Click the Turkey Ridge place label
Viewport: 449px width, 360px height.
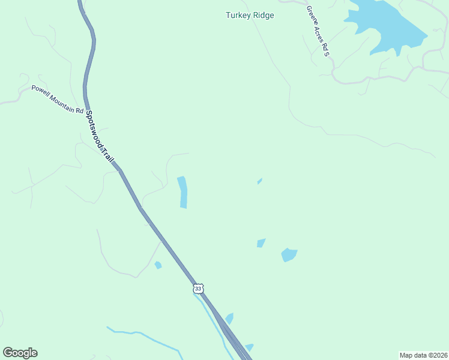pos(250,15)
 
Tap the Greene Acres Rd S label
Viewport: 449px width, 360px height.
pos(318,31)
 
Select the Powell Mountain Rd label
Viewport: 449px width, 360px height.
pos(58,100)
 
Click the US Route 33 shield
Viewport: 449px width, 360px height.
pos(199,289)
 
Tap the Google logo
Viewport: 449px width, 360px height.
pos(20,353)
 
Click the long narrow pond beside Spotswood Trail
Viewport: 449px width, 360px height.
pos(182,192)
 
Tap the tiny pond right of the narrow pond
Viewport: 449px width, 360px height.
pos(259,181)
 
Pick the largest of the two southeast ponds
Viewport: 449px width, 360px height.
pos(289,255)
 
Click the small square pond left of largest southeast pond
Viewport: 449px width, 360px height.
pos(261,243)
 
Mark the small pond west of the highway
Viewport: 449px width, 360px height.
pos(158,265)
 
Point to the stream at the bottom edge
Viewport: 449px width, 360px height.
pos(144,336)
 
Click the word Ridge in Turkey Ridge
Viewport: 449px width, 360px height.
pos(262,15)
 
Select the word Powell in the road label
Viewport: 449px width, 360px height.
pos(41,92)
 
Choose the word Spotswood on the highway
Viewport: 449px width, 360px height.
pos(95,128)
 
